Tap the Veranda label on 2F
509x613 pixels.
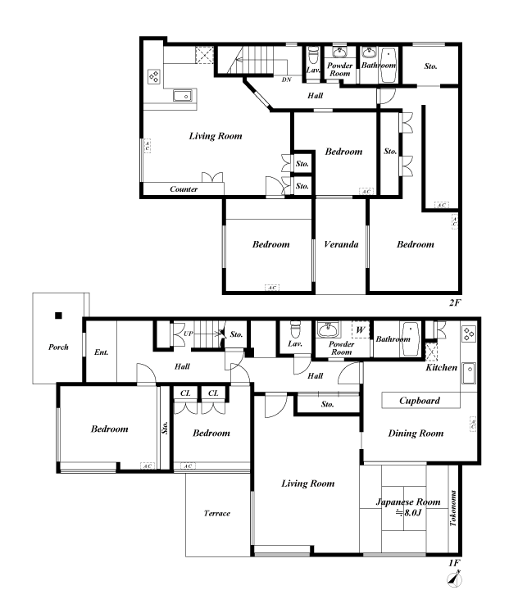point(340,244)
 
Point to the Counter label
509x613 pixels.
point(184,189)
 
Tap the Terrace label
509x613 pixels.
point(217,514)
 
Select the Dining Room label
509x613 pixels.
point(416,434)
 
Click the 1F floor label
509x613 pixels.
point(454,563)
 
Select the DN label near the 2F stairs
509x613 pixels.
point(286,79)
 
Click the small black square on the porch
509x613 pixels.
point(59,315)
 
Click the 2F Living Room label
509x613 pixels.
point(215,135)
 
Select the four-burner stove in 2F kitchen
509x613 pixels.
point(153,78)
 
